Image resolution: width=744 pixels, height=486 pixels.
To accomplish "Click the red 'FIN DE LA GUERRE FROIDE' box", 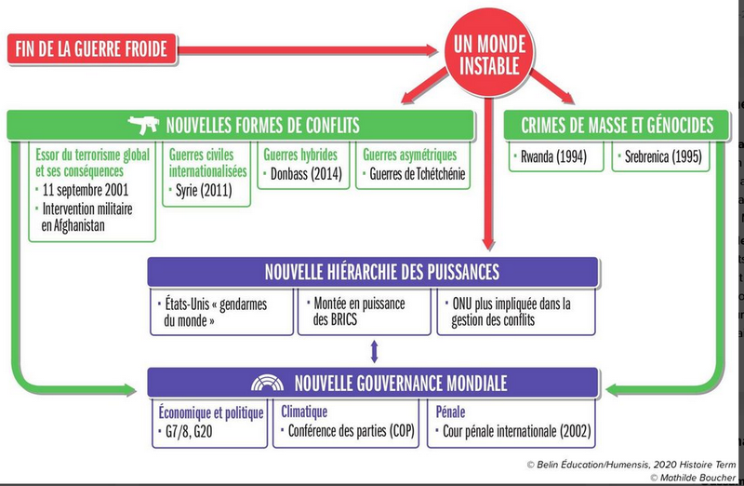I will [x=92, y=47].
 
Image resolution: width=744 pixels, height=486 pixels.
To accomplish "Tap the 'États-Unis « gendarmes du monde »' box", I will [x=219, y=312].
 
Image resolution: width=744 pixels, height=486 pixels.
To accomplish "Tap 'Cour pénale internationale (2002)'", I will [x=513, y=430].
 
